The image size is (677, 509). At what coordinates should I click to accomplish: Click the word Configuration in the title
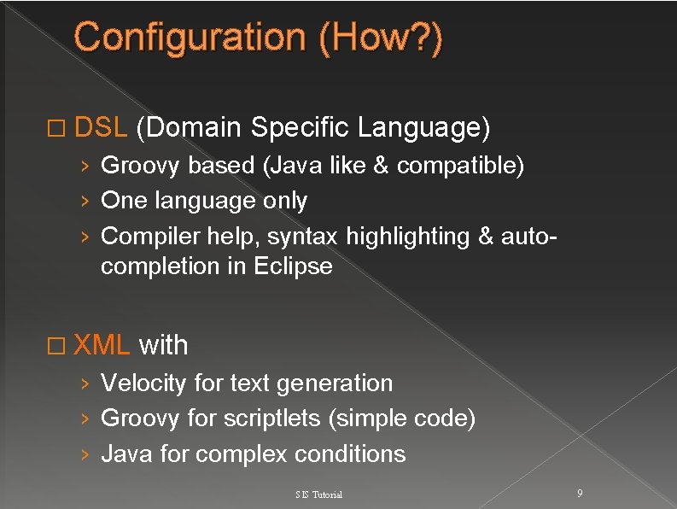pyautogui.click(x=189, y=38)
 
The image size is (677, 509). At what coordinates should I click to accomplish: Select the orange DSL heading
pyautogui.click(x=101, y=128)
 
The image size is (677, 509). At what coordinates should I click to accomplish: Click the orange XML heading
pyautogui.click(x=102, y=345)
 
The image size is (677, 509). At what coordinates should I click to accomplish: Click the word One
pyautogui.click(x=124, y=201)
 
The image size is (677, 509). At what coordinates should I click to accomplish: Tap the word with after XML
pyautogui.click(x=163, y=345)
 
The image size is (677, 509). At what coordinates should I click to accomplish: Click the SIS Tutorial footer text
pyautogui.click(x=318, y=495)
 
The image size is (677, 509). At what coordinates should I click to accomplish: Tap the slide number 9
pyautogui.click(x=580, y=494)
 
